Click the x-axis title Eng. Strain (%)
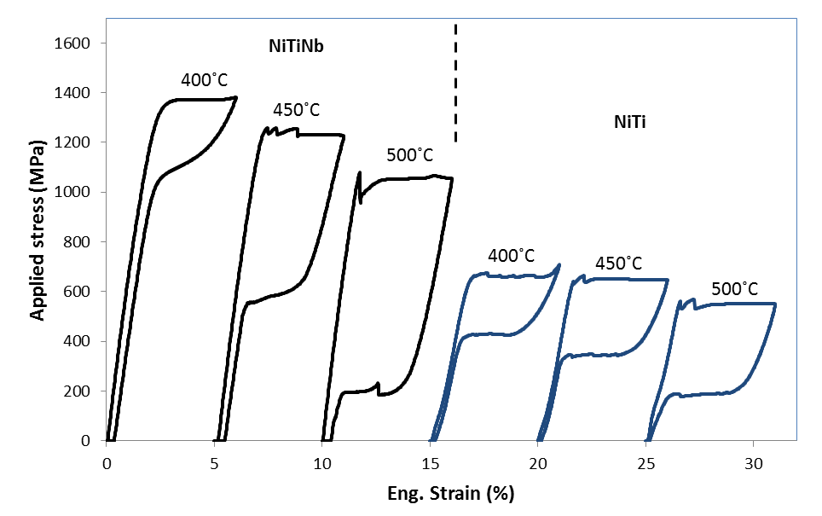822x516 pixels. pyautogui.click(x=451, y=493)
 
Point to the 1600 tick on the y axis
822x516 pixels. pyautogui.click(x=73, y=43)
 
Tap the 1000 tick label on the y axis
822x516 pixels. pyautogui.click(x=73, y=192)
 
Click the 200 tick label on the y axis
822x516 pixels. pyautogui.click(x=78, y=391)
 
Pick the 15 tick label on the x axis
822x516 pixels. pyautogui.click(x=431, y=465)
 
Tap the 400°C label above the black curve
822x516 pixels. pyautogui.click(x=205, y=81)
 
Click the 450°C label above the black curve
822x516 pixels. pyautogui.click(x=297, y=110)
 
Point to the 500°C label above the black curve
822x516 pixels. pyautogui.click(x=409, y=155)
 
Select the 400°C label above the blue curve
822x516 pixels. pyautogui.click(x=512, y=255)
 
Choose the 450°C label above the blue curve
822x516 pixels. pyautogui.click(x=619, y=263)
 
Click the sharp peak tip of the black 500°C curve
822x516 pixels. pyautogui.click(x=360, y=172)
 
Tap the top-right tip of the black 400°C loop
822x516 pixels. pyautogui.click(x=235, y=97)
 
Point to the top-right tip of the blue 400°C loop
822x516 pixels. pyautogui.click(x=559, y=264)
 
